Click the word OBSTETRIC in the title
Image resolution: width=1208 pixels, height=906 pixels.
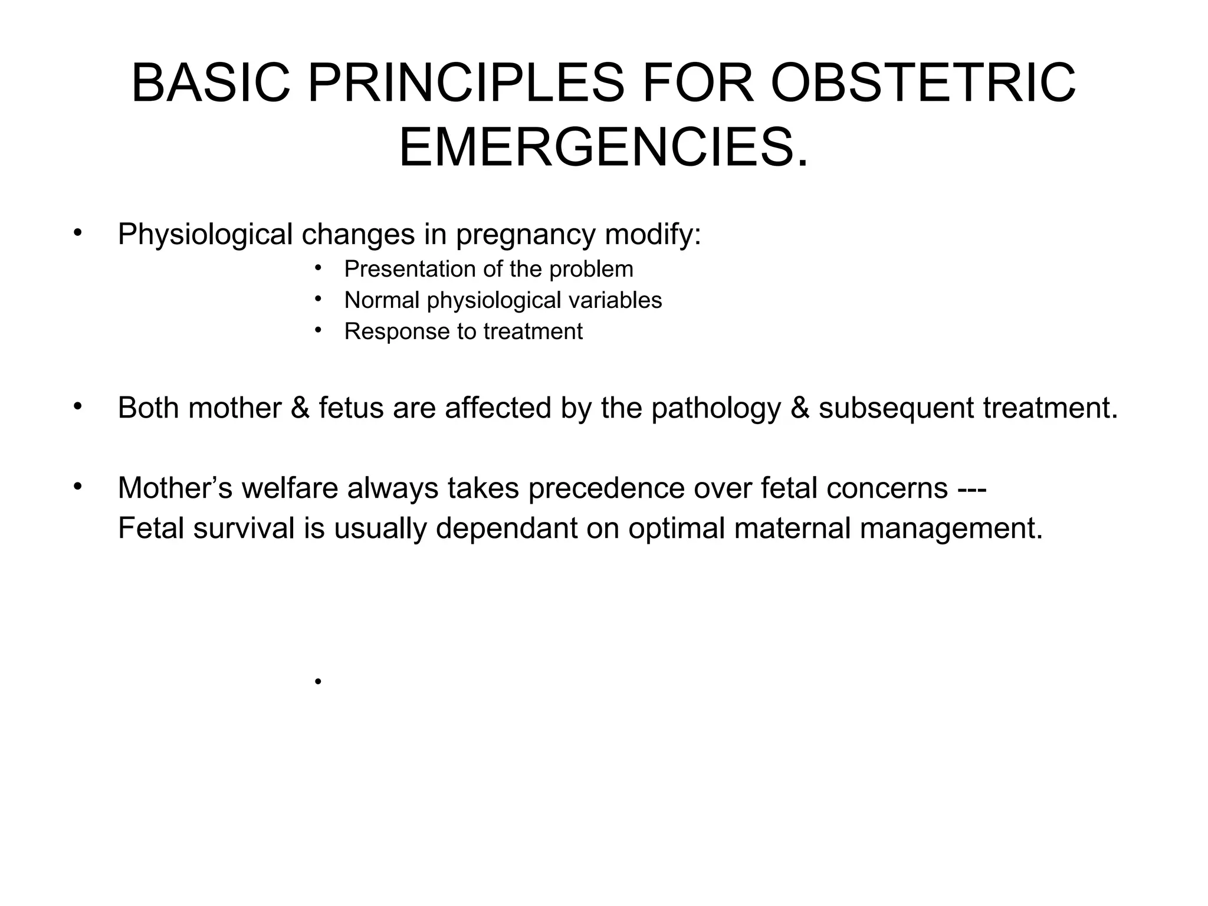(x=923, y=84)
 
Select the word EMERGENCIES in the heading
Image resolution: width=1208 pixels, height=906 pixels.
(x=596, y=149)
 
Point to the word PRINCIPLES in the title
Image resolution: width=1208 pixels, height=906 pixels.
(x=466, y=84)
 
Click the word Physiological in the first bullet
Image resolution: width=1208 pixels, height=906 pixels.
(x=205, y=235)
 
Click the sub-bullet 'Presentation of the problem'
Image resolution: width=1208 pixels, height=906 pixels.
(x=488, y=270)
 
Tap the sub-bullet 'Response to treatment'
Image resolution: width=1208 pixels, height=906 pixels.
(x=463, y=331)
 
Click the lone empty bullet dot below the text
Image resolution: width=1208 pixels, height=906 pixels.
(x=318, y=682)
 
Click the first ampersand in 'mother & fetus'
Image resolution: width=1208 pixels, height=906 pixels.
(x=300, y=408)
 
